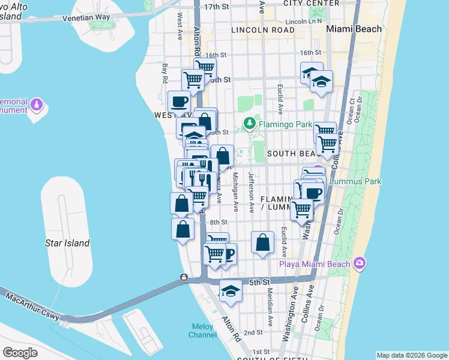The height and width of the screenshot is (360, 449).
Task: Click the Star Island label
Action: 67,243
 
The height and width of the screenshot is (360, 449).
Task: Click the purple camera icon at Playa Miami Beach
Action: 360,263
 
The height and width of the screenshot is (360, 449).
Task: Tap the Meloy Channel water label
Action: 202,331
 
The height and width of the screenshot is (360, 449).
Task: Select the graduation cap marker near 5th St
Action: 231,292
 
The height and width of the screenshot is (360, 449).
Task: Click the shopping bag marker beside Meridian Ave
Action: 263,243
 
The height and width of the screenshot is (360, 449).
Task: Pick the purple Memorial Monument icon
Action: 37,105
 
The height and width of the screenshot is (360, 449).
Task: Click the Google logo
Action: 20,352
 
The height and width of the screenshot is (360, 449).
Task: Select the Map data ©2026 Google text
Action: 411,355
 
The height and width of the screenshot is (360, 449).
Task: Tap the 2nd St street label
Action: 253,332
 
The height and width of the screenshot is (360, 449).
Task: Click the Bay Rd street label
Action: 164,73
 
